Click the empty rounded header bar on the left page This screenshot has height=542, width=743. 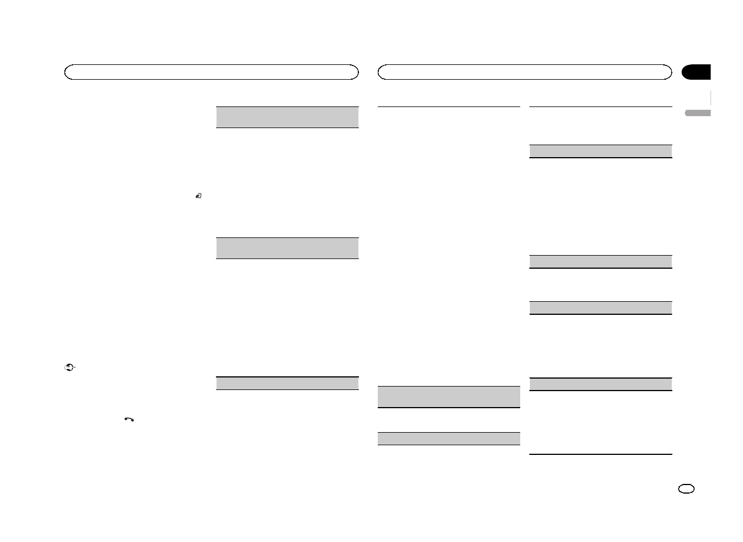(x=211, y=72)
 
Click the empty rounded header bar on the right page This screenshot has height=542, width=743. (x=525, y=72)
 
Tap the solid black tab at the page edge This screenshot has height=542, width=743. (x=697, y=72)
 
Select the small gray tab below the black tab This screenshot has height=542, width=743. (x=698, y=113)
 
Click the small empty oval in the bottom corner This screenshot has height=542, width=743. (x=687, y=490)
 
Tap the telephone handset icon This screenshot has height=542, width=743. (x=129, y=420)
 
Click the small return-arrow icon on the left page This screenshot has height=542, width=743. (x=198, y=196)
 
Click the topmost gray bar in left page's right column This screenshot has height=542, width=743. (x=287, y=117)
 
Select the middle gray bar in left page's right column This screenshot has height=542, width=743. (x=287, y=248)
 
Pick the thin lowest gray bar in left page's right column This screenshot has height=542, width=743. (x=287, y=383)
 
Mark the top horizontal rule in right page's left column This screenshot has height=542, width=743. (x=449, y=106)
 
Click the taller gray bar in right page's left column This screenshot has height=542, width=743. (x=449, y=397)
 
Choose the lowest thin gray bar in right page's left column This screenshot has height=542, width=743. (x=449, y=438)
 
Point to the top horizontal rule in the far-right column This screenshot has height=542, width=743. (x=601, y=106)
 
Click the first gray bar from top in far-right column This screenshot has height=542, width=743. (x=601, y=151)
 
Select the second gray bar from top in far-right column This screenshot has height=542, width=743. (x=601, y=262)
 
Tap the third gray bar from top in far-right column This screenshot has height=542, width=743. (x=601, y=307)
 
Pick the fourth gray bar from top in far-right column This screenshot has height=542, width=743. (x=601, y=384)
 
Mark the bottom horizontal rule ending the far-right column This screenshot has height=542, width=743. (x=601, y=454)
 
